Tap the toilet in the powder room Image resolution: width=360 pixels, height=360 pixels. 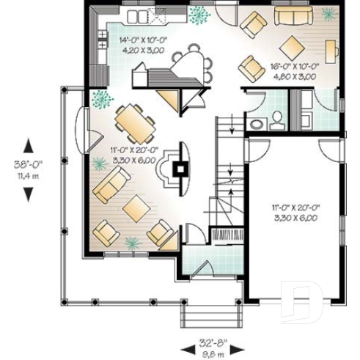tap(276, 120)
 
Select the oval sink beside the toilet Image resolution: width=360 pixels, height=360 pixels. tap(256, 124)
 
